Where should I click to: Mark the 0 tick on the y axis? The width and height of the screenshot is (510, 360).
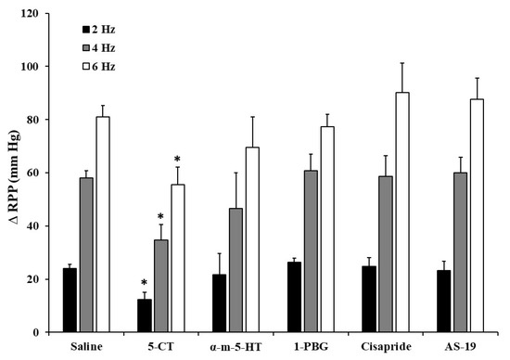pos(44,332)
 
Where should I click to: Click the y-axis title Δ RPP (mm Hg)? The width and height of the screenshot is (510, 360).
pos(13,174)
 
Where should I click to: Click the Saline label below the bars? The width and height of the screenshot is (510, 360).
pos(86,347)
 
